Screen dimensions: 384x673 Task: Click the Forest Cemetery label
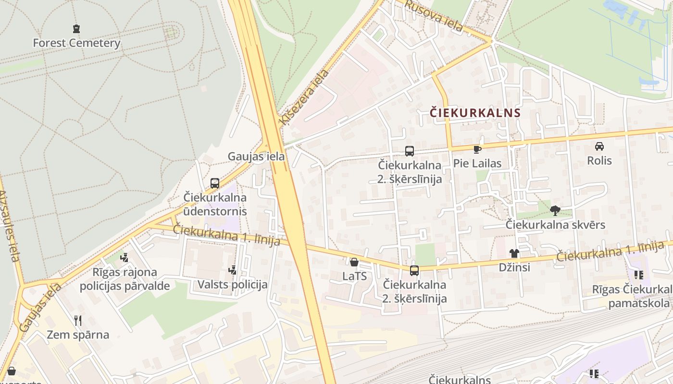pos(76,43)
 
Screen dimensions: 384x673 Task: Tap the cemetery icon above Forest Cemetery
pos(76,29)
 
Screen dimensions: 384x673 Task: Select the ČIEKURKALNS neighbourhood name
pos(475,113)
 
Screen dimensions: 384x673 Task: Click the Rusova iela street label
pos(433,16)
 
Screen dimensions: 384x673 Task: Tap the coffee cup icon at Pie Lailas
pos(477,150)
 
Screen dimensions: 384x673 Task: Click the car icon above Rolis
pos(599,146)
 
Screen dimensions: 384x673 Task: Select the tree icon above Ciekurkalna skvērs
pos(555,210)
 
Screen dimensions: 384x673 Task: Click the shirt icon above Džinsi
pos(514,253)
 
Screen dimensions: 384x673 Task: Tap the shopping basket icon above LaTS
pos(354,262)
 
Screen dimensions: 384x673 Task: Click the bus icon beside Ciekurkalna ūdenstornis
pos(215,183)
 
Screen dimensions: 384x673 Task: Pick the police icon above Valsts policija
pos(233,270)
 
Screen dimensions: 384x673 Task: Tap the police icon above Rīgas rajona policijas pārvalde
pos(125,258)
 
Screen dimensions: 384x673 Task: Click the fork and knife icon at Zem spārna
pos(78,320)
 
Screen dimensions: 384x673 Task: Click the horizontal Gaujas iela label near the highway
pos(256,156)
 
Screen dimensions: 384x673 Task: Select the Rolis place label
pos(599,160)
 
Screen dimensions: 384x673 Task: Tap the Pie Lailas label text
pos(477,163)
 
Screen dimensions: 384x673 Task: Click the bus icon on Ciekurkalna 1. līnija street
pos(414,270)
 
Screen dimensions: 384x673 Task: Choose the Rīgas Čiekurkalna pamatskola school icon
pos(639,275)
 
